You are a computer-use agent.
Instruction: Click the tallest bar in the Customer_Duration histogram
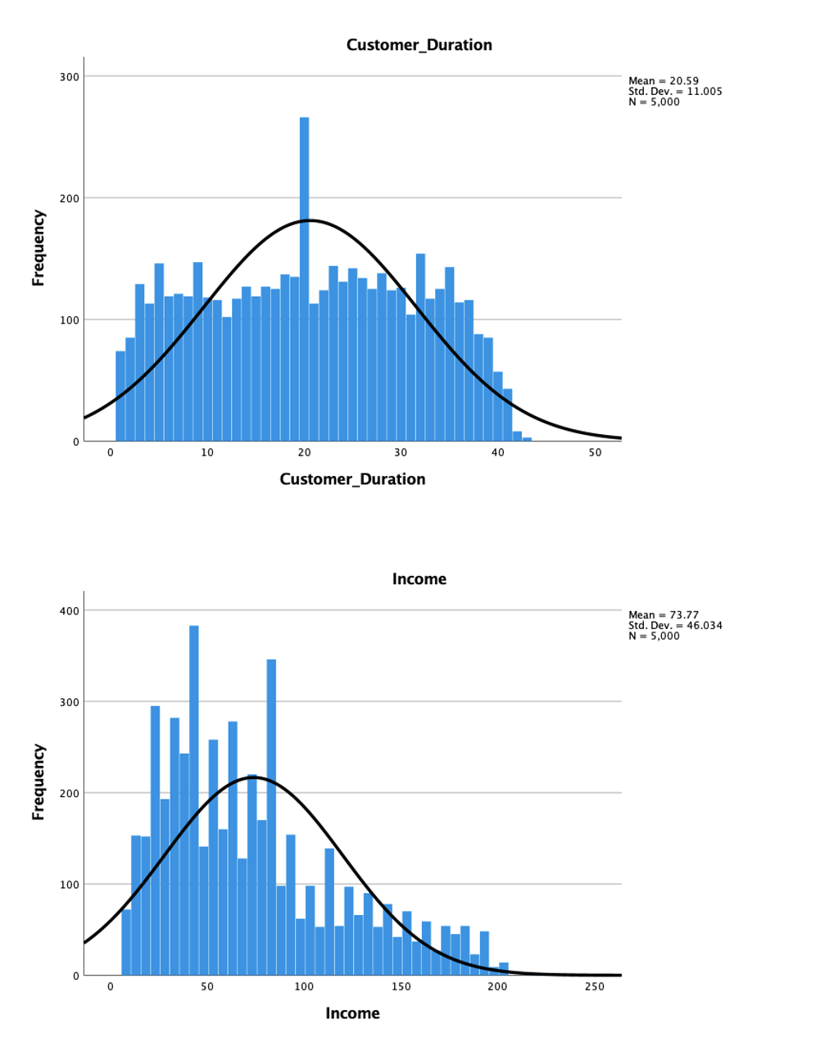[304, 279]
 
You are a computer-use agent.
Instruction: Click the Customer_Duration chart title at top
[419, 45]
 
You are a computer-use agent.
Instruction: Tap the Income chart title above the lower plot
[419, 579]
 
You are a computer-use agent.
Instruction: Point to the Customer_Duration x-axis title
[352, 479]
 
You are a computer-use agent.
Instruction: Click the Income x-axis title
[352, 1013]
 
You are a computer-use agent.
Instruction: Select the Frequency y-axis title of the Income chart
[38, 781]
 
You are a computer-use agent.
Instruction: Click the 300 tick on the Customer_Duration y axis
[70, 77]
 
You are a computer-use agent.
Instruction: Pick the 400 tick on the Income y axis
[70, 611]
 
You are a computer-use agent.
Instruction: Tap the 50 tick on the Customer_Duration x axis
[595, 453]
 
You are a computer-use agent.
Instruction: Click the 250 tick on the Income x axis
[595, 987]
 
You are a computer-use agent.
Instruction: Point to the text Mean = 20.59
[664, 81]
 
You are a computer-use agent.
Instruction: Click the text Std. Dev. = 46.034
[675, 626]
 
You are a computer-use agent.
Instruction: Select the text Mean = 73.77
[664, 615]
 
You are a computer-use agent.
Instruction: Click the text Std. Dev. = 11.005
[675, 92]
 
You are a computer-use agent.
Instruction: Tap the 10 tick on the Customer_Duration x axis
[207, 453]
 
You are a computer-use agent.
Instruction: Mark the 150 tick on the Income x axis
[401, 987]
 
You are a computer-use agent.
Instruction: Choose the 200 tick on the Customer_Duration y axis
[70, 198]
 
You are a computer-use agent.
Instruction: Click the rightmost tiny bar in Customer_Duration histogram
[527, 439]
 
